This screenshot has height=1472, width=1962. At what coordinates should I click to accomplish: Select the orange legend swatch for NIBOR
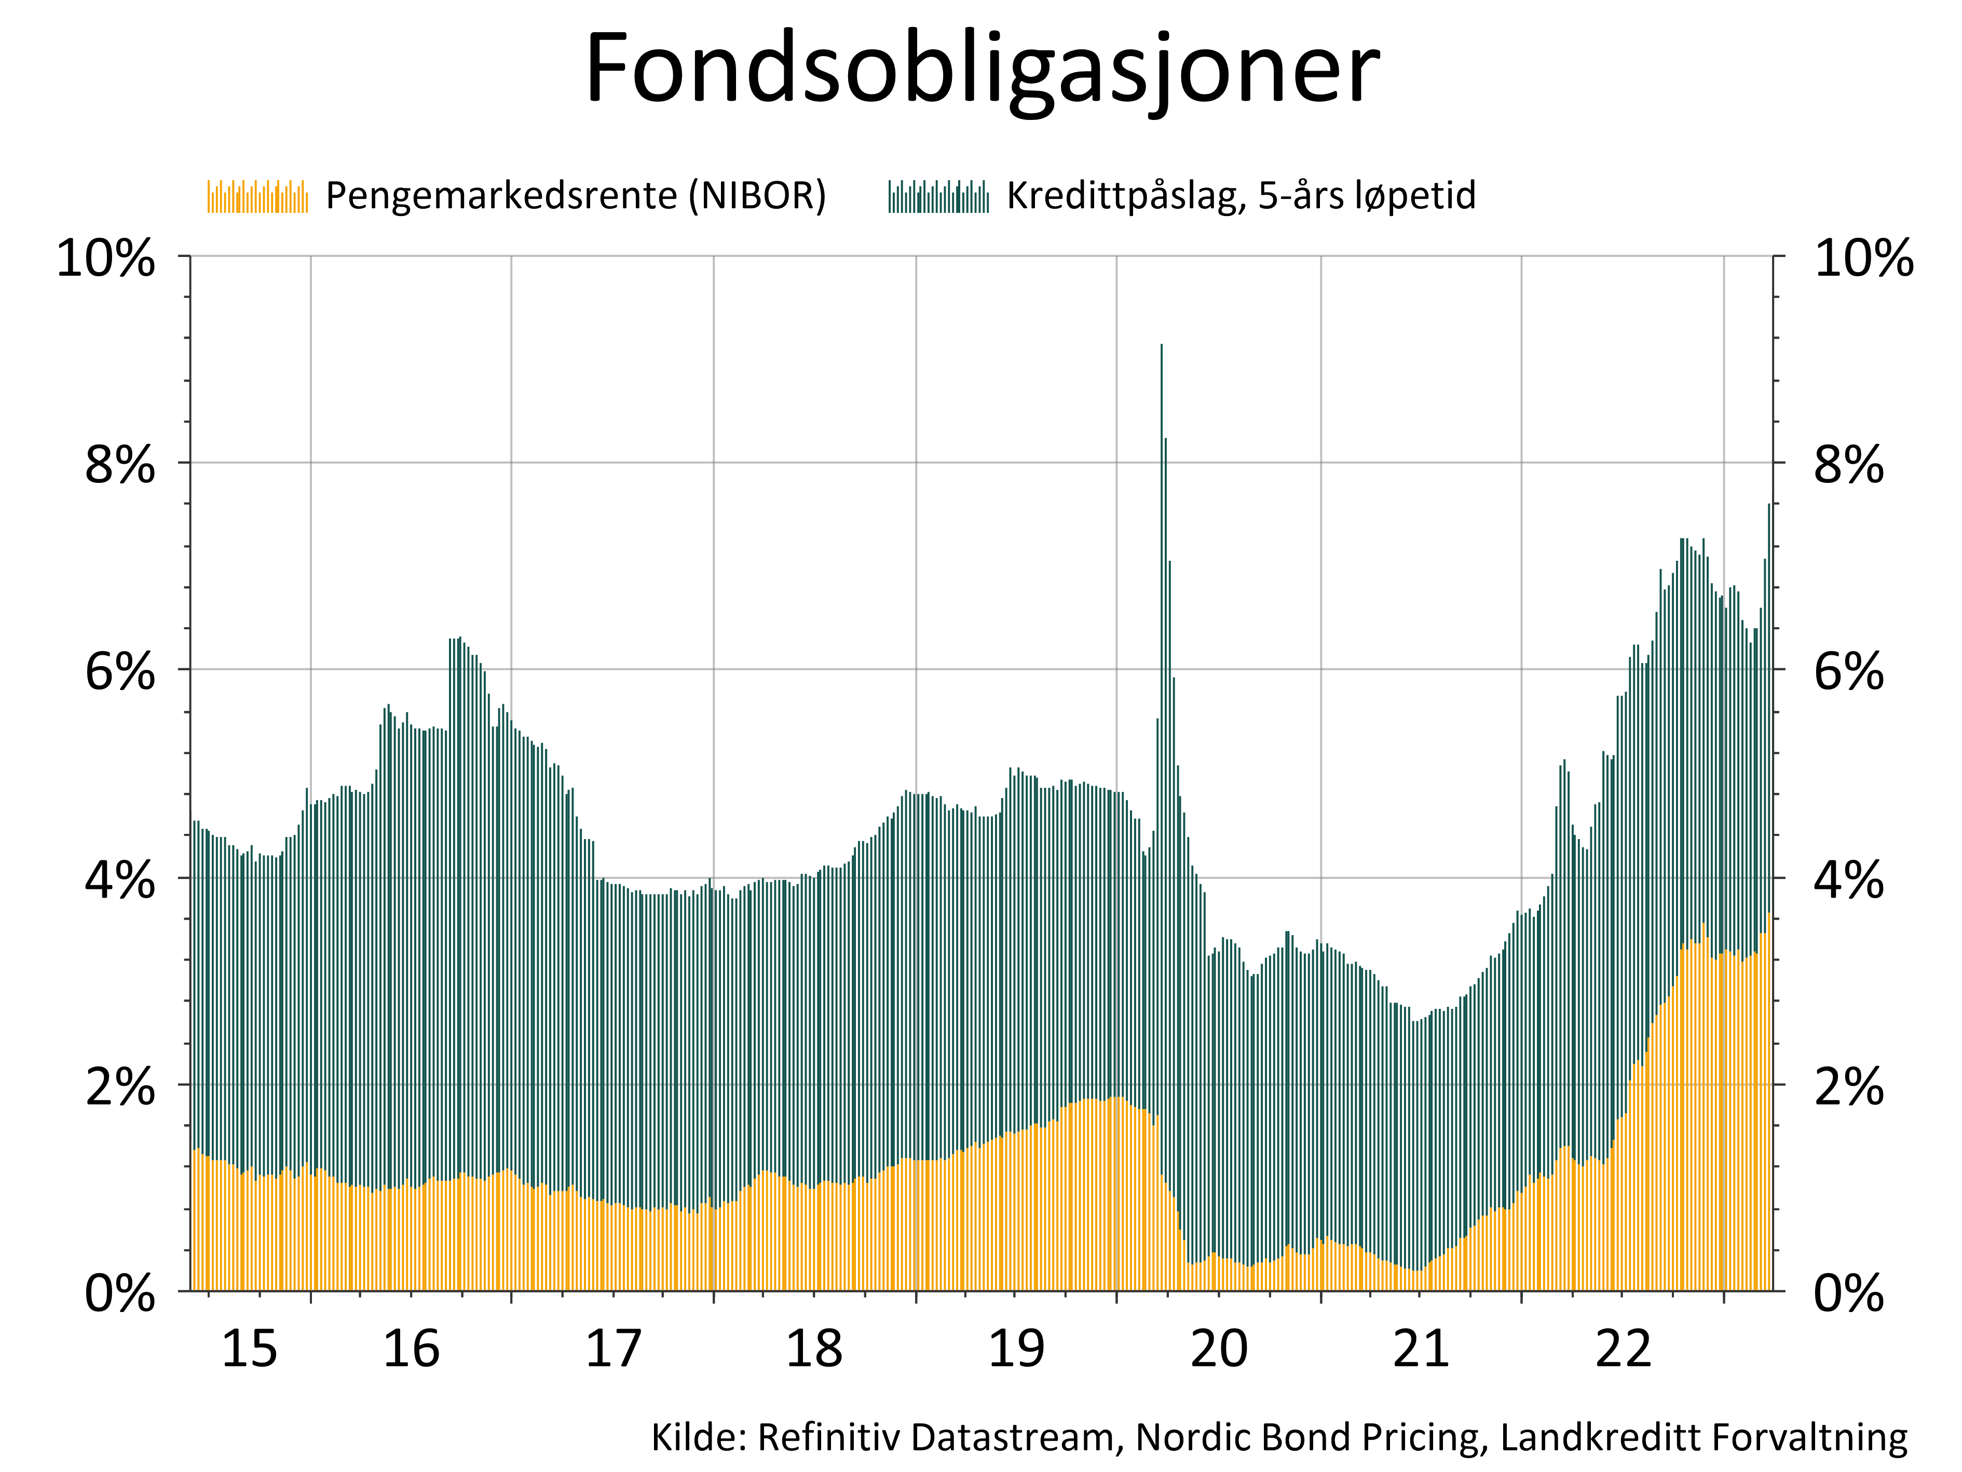pyautogui.click(x=257, y=196)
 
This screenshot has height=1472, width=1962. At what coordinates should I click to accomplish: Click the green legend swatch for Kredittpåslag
pyautogui.click(x=938, y=196)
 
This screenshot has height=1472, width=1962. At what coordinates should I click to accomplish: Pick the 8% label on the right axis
pyautogui.click(x=1848, y=465)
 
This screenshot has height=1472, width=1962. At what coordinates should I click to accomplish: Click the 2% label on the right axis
pyautogui.click(x=1848, y=1087)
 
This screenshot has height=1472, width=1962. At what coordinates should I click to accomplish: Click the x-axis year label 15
pyautogui.click(x=249, y=1349)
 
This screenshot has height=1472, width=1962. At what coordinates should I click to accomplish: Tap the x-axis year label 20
pyautogui.click(x=1219, y=1349)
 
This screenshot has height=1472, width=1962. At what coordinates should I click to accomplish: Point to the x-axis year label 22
pyautogui.click(x=1623, y=1349)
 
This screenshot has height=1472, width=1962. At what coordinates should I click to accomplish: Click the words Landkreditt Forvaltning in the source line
pyautogui.click(x=1703, y=1437)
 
